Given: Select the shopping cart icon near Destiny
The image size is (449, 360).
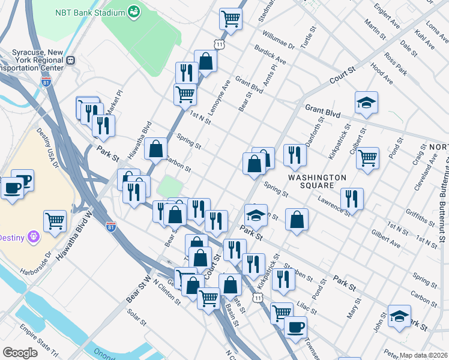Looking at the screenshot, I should click(55, 220).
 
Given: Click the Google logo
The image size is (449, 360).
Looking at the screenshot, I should click(20, 353).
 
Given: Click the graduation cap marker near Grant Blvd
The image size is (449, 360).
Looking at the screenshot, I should click(366, 103).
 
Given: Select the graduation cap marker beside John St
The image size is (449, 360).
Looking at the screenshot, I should click(399, 315).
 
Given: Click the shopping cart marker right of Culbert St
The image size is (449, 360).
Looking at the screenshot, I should click(367, 158).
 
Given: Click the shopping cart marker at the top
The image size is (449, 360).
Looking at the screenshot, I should click(230, 19).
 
